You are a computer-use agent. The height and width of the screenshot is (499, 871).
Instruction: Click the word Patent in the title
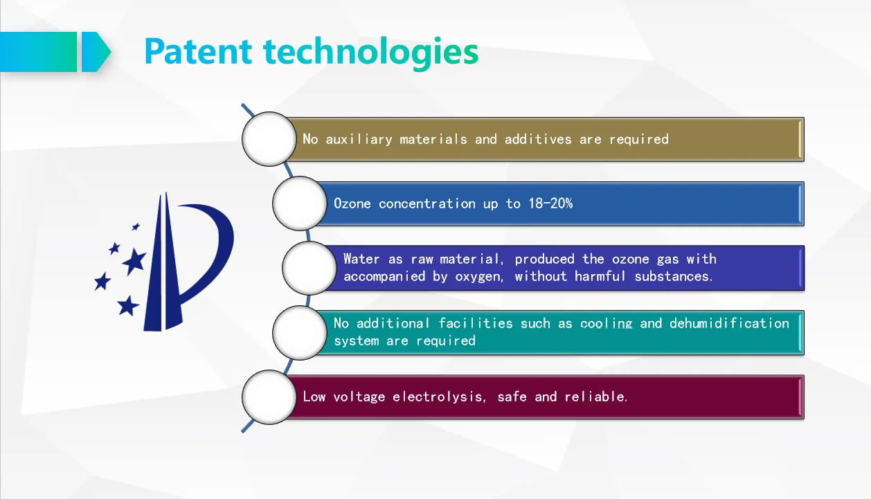coord(198,51)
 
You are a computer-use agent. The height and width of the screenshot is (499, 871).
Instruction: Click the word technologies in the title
coord(371,53)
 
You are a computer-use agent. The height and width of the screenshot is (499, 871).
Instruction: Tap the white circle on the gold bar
coord(269,139)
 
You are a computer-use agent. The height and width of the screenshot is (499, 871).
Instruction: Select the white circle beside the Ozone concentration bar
coord(299,203)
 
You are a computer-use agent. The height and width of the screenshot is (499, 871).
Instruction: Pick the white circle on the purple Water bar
coord(309,268)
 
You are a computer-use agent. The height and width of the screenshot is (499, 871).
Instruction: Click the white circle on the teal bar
coord(299,333)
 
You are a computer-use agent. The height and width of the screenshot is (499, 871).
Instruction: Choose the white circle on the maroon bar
coord(269,397)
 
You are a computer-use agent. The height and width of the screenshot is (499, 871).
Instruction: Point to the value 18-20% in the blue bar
coord(550,203)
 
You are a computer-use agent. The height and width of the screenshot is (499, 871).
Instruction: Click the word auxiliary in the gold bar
coord(359,139)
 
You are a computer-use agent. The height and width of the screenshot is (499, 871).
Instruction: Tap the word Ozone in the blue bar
coord(352,203)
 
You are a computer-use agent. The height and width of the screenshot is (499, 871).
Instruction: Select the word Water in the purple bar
coord(361,259)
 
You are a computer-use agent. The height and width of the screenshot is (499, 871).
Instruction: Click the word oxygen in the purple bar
coord(479,277)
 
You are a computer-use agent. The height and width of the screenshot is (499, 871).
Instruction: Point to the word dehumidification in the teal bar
coord(730,323)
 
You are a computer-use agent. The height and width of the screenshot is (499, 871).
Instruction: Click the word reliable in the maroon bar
coord(595,397)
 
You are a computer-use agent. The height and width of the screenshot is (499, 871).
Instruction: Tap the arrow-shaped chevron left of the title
coord(96,52)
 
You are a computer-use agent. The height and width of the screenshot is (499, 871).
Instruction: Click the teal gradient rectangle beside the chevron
coord(39,52)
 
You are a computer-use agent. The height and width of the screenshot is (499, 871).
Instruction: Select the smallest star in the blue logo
coord(136,226)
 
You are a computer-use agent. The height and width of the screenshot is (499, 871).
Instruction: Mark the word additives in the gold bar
coord(538,139)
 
